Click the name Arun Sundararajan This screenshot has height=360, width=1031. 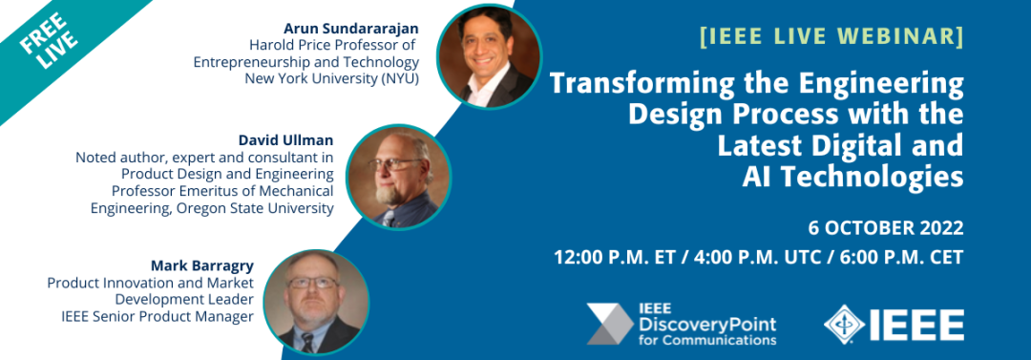pyautogui.click(x=351, y=29)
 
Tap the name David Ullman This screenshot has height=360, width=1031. pyautogui.click(x=286, y=140)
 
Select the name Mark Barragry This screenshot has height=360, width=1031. pyautogui.click(x=202, y=266)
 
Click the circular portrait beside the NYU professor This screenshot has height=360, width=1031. pyautogui.click(x=489, y=56)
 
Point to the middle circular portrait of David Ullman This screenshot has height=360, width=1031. pyautogui.click(x=398, y=177)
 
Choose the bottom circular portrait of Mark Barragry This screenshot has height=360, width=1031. pyautogui.click(x=316, y=302)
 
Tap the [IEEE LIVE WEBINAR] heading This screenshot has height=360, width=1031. pyautogui.click(x=831, y=36)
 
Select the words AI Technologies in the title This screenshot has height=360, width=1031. pyautogui.click(x=852, y=177)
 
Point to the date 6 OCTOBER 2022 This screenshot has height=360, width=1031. pyautogui.click(x=886, y=228)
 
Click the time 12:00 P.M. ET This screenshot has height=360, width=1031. pyautogui.click(x=614, y=257)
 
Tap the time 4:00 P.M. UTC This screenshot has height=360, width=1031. pyautogui.click(x=756, y=257)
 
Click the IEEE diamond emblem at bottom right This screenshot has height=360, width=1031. pyautogui.click(x=844, y=324)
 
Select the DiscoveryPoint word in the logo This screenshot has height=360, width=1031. pyautogui.click(x=706, y=325)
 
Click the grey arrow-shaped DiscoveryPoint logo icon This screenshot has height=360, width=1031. pyautogui.click(x=609, y=324)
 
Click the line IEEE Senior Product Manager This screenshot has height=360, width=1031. pyautogui.click(x=158, y=317)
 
